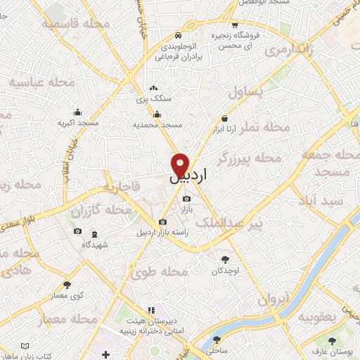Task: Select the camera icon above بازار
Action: (186, 199)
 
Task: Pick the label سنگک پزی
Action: (153, 98)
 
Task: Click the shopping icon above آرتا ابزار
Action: (224, 118)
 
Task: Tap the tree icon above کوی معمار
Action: (67, 285)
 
